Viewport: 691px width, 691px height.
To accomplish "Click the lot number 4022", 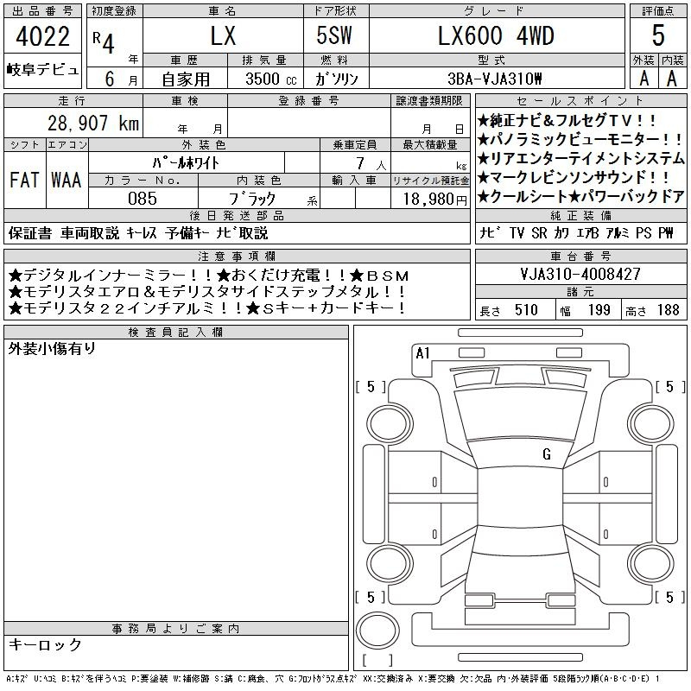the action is tap(42, 36).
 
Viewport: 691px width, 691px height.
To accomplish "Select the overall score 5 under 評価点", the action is tap(658, 35).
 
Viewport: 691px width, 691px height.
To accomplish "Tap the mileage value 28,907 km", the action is tap(93, 123).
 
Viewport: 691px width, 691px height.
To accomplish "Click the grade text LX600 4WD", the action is tap(496, 35).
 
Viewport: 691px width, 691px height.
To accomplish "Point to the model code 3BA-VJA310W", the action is tap(494, 79).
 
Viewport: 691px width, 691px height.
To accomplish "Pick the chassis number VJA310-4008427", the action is tap(580, 274).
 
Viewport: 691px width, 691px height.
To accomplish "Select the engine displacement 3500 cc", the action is tap(271, 79).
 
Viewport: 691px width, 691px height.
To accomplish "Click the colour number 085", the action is tap(143, 199).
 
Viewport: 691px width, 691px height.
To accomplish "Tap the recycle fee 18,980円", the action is tap(434, 199).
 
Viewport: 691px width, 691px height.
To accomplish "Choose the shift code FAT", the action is tap(24, 180).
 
